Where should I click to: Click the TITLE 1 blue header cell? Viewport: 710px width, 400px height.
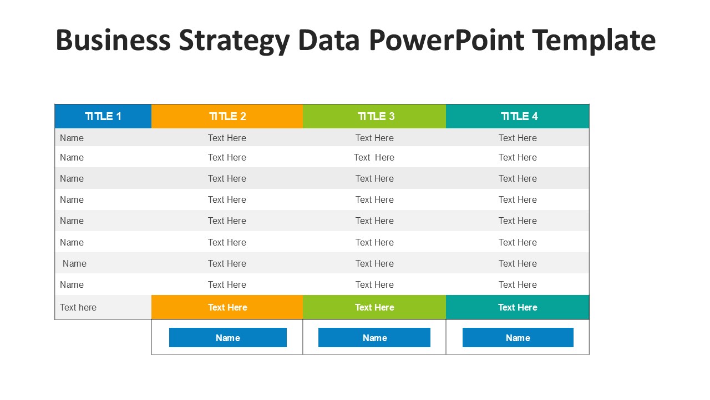[103, 116]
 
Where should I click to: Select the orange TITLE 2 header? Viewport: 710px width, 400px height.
[227, 116]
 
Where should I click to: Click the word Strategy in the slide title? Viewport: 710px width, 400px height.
[234, 41]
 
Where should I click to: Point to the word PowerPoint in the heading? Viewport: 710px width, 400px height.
[446, 40]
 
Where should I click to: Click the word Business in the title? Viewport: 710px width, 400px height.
[113, 40]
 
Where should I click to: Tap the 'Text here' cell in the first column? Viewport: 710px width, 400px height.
[78, 307]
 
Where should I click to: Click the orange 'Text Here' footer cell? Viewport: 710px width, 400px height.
[227, 307]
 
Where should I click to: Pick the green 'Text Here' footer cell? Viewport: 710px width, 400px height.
[374, 307]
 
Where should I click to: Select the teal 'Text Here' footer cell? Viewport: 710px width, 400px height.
[518, 307]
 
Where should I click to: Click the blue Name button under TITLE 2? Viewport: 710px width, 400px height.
[227, 338]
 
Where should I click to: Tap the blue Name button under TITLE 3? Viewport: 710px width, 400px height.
[374, 338]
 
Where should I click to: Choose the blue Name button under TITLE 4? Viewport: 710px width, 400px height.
[518, 338]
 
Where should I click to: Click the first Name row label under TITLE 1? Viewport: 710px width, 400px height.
[72, 138]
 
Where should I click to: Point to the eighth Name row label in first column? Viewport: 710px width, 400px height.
[72, 284]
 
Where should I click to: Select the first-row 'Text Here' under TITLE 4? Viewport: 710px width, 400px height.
[518, 138]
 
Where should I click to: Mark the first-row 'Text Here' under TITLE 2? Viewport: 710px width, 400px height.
[227, 138]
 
